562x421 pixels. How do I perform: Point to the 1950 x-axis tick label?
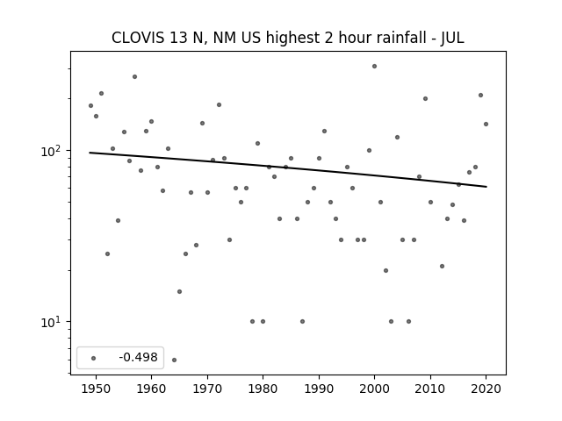click(96, 389)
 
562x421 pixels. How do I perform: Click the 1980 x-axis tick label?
click(263, 389)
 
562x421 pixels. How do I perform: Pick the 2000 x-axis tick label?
click(375, 389)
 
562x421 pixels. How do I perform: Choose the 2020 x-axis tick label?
click(486, 389)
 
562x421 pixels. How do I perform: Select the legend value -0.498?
click(139, 357)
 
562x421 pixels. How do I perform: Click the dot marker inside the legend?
click(94, 358)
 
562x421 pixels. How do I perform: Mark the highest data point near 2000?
click(375, 67)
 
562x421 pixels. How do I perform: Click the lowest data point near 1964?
click(174, 360)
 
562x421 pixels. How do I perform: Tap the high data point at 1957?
click(134, 76)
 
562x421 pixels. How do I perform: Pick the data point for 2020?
click(486, 125)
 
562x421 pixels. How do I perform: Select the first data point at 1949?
click(90, 105)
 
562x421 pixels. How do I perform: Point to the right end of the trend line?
click(486, 187)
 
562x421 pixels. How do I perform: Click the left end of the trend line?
click(90, 153)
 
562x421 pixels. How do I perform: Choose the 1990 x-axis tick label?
click(319, 389)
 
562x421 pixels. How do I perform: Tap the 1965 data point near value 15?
click(179, 291)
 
